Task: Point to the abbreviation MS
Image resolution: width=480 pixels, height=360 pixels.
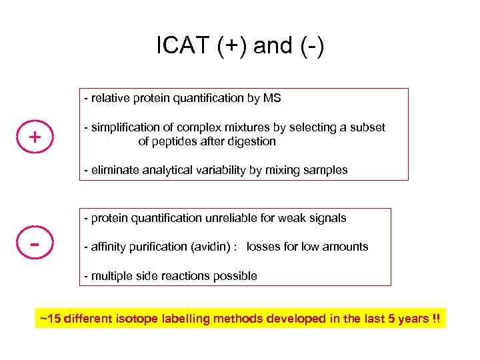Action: [x=272, y=98]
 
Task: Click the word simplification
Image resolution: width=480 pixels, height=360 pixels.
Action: [x=125, y=127]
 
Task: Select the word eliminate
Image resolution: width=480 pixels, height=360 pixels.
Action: [x=113, y=170]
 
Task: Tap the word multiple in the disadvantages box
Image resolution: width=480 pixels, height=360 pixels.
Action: [x=111, y=276]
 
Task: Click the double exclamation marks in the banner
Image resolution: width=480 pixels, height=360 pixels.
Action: [x=436, y=319]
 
